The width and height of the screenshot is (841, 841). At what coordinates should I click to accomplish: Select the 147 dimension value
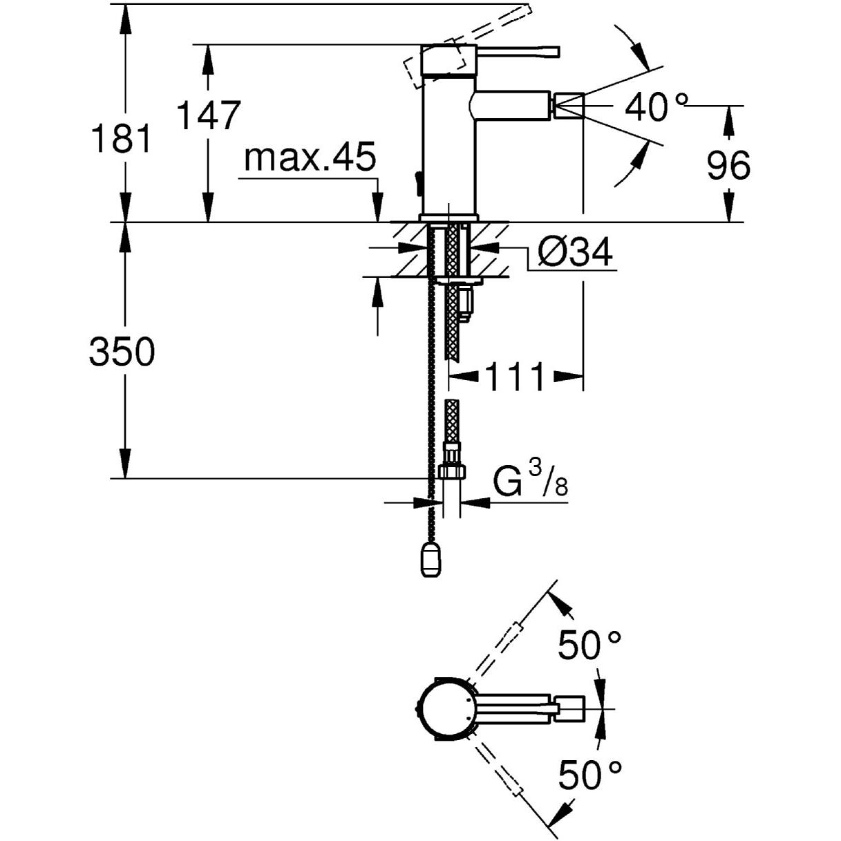(209, 115)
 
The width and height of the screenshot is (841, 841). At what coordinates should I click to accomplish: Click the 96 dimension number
(728, 165)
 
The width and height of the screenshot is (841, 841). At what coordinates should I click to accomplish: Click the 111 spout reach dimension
(516, 376)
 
